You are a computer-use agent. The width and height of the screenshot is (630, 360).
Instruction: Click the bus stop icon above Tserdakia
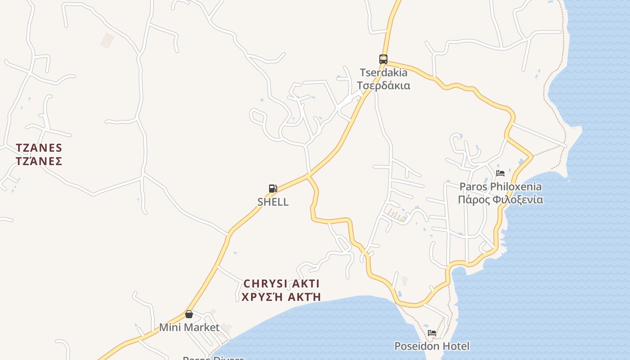pos(383,59)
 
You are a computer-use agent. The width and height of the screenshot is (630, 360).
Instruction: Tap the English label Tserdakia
pos(383,72)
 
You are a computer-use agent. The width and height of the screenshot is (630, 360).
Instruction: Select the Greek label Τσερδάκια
pos(383,85)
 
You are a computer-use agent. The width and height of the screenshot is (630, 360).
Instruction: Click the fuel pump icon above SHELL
pos(273,189)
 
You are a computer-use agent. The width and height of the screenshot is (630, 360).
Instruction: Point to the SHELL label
pos(273,202)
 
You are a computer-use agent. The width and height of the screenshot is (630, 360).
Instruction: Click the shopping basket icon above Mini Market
pos(189,314)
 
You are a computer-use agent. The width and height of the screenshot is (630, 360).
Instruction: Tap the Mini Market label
pos(189,327)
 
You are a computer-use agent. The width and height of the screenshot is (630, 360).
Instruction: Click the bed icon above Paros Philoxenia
pos(500,173)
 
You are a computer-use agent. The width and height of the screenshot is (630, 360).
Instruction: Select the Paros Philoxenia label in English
pos(500,186)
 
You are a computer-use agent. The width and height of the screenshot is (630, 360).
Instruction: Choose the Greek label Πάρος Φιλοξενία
pos(500,199)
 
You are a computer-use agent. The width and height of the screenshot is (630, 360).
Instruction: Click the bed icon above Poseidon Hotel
pos(432,333)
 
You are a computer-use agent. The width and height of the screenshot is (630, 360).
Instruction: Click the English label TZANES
pos(39,148)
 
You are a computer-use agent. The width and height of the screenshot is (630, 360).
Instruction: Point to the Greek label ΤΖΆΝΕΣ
pos(39,161)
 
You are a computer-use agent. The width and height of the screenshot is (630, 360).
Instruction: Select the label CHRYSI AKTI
pos(281,283)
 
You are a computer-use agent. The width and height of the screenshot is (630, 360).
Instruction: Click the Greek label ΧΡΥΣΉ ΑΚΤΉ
pos(281,297)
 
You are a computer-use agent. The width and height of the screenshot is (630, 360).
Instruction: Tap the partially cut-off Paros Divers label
pos(213,358)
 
